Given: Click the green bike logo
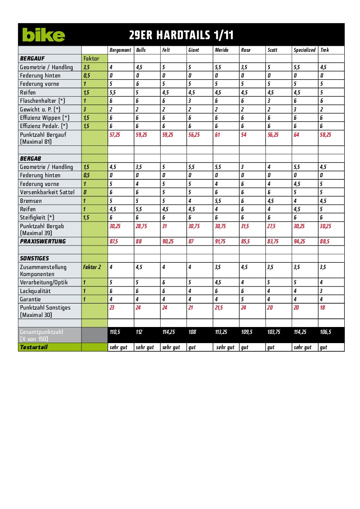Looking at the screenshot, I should (44, 35).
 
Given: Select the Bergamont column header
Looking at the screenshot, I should (120, 50).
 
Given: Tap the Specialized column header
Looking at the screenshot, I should (304, 50).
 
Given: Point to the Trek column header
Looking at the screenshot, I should (325, 50).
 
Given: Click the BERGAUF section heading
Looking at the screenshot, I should (32, 58).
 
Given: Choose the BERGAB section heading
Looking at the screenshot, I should (30, 158).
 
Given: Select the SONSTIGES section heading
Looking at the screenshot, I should (34, 258).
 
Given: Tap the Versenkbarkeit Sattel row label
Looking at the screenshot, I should (47, 192).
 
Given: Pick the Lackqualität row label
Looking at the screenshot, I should (35, 291).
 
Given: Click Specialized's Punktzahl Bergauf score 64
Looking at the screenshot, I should (296, 135).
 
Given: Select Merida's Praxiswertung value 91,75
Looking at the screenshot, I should (220, 241).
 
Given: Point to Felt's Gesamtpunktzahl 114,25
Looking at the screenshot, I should (168, 332).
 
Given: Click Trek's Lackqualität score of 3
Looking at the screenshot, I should (321, 291).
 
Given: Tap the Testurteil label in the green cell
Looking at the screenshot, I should (34, 347).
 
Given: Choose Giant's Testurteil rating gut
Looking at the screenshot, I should (192, 347).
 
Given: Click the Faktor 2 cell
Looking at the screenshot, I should (92, 267).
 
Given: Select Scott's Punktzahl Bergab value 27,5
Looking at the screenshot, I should (272, 226).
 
